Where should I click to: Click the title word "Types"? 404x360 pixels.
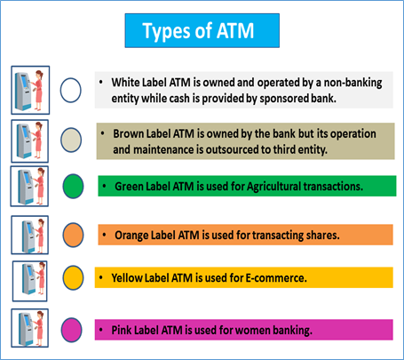coord(167,31)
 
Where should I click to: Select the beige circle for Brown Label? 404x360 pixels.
coord(71,140)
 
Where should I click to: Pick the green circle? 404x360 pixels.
coord(73,186)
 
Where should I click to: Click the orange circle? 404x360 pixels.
coord(73,235)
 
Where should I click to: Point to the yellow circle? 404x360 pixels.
coord(73,277)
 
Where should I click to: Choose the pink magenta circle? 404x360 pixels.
coord(71,330)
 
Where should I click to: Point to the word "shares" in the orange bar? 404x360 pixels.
coord(323,236)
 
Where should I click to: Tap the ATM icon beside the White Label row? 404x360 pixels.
coord(30,90)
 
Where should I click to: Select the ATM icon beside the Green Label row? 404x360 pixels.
coord(29,187)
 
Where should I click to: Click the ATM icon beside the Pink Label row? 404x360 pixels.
coord(29,328)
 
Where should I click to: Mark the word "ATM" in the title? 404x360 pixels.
coord(235,31)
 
